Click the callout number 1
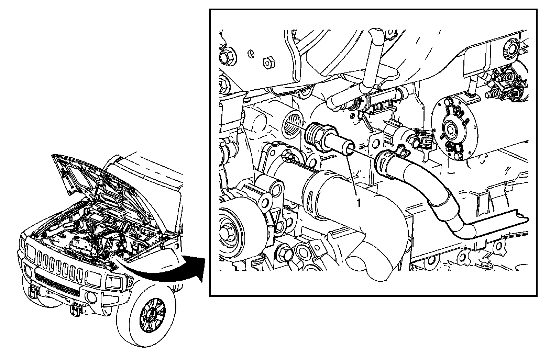pyautogui.click(x=359, y=203)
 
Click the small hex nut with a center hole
pyautogui.click(x=269, y=63)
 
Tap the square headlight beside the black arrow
pyautogui.click(x=114, y=282)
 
